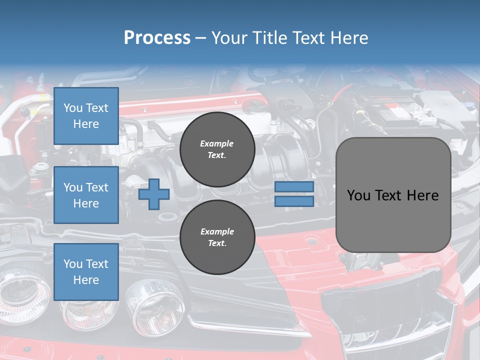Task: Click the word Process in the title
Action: click(157, 38)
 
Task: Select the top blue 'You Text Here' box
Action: click(86, 116)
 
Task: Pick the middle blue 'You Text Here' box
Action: click(86, 195)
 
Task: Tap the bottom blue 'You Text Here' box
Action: click(86, 271)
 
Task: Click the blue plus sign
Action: click(154, 194)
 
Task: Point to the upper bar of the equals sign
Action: click(294, 187)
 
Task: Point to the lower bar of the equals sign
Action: click(294, 201)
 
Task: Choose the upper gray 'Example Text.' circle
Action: click(217, 149)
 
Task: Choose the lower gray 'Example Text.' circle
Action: click(217, 237)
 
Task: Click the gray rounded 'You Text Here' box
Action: click(393, 195)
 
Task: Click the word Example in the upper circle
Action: click(217, 143)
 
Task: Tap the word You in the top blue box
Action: click(73, 108)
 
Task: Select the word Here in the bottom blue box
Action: click(86, 280)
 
